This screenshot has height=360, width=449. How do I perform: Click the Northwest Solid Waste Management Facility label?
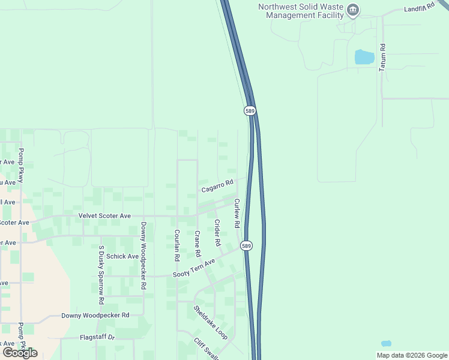(x=300, y=11)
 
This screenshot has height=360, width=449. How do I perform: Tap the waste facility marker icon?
(x=354, y=10)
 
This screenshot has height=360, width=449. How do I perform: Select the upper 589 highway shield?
(x=250, y=111)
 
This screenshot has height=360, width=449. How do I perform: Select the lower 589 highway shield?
(x=246, y=246)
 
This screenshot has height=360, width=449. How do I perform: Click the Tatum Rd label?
(x=382, y=58)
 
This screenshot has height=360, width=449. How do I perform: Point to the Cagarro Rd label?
(x=217, y=187)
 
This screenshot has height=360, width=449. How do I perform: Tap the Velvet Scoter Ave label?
(x=104, y=215)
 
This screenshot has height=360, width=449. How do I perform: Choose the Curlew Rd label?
(x=237, y=213)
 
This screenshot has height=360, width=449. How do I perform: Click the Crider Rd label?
(x=217, y=233)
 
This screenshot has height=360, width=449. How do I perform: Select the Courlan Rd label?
(x=176, y=245)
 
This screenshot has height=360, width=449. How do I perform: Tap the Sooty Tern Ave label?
(x=194, y=269)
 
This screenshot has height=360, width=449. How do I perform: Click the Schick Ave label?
(x=122, y=256)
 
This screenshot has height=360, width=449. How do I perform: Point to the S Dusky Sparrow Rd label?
(x=101, y=274)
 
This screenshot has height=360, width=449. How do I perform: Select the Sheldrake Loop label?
(x=210, y=323)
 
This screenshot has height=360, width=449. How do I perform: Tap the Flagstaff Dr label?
(x=97, y=337)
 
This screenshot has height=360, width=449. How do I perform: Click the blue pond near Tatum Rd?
(x=364, y=57)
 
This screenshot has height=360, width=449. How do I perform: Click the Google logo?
(x=20, y=353)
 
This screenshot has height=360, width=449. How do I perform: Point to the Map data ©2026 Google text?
(x=411, y=355)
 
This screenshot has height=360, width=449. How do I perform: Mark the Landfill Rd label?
(x=419, y=9)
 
